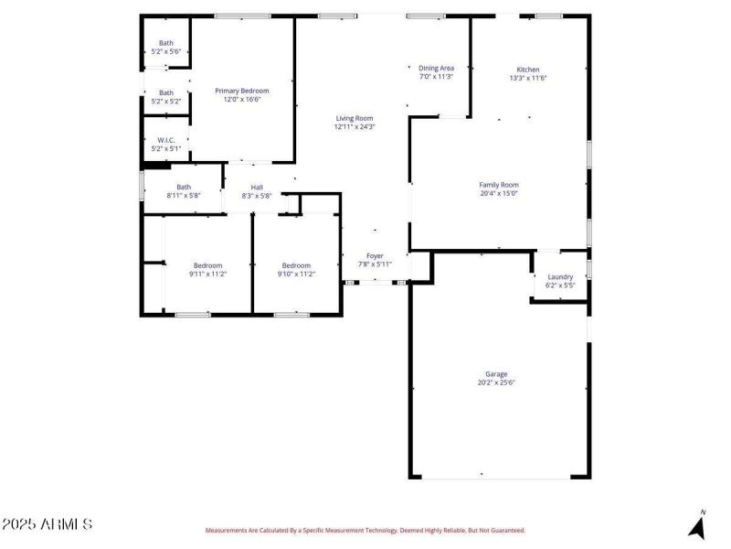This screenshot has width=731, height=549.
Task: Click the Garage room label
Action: click(x=496, y=374)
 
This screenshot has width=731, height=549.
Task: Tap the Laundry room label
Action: click(x=560, y=277)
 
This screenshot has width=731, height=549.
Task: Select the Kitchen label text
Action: click(x=528, y=70)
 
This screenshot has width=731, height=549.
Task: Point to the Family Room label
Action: click(x=499, y=185)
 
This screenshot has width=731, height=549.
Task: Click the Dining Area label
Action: click(x=436, y=68)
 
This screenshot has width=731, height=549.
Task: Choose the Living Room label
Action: click(x=355, y=118)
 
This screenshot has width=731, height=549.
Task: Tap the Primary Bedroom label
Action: click(x=242, y=91)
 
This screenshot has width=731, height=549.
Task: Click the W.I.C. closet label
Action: click(x=166, y=140)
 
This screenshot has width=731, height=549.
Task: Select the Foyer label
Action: click(x=375, y=255)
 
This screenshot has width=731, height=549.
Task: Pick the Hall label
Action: click(x=257, y=187)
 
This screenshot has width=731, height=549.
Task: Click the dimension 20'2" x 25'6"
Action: click(x=496, y=382)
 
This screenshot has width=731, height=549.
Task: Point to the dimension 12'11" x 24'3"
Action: click(x=355, y=126)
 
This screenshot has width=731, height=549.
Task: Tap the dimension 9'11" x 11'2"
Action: click(x=207, y=274)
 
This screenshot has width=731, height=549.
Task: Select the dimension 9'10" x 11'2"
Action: click(x=297, y=274)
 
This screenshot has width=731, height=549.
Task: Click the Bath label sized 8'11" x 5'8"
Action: click(x=184, y=187)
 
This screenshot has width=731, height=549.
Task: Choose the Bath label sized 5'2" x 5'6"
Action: click(x=166, y=43)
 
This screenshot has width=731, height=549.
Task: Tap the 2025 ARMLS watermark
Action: click(x=47, y=525)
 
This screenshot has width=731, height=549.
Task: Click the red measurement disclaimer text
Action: click(x=365, y=530)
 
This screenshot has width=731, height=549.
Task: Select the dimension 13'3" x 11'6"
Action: click(x=528, y=78)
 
